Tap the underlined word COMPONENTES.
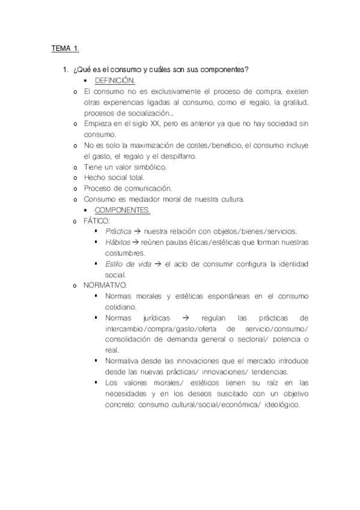[123, 210]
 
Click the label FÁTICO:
[97, 221]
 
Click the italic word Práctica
[118, 232]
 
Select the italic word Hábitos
[117, 242]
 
